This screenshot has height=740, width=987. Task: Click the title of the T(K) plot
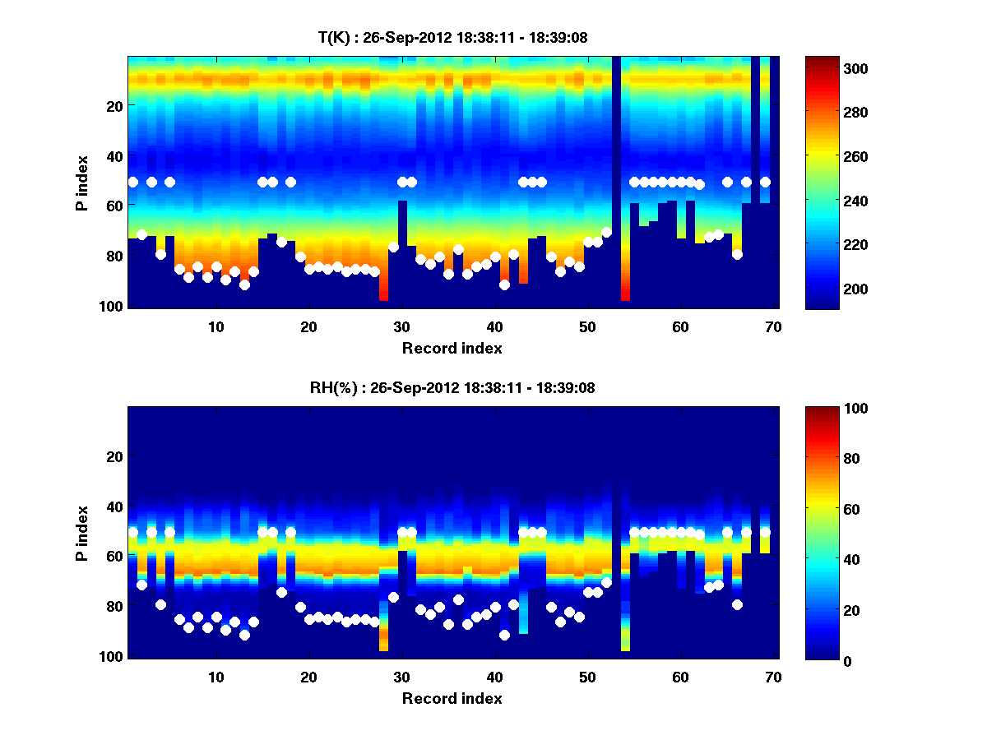[x=452, y=37]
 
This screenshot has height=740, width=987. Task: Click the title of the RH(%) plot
[x=452, y=388]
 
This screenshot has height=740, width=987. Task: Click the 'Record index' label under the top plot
[x=452, y=348]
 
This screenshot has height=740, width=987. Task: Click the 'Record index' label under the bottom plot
[x=452, y=698]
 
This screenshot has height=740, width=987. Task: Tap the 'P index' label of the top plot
[x=82, y=183]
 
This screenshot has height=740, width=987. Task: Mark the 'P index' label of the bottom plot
[x=82, y=533]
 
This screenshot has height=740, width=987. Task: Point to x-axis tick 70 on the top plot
[x=772, y=326]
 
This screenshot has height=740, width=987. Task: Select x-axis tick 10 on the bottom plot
[x=215, y=677]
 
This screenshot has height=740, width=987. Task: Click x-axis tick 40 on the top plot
[x=494, y=326]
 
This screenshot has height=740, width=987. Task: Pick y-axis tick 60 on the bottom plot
[x=114, y=557]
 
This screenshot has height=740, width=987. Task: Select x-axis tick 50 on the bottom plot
[x=587, y=677]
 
